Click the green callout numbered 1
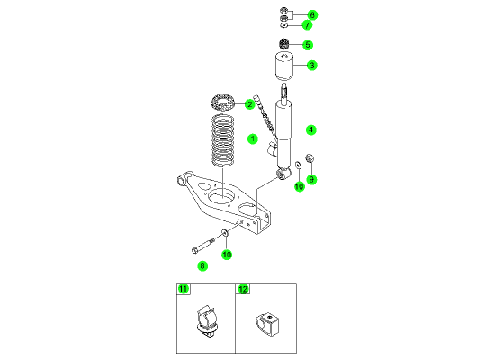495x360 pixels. pyautogui.click(x=253, y=139)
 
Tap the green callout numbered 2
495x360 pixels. pyautogui.click(x=249, y=104)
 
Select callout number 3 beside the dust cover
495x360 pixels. pyautogui.click(x=312, y=66)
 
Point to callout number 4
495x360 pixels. pyautogui.click(x=311, y=130)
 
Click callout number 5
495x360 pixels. pyautogui.click(x=308, y=45)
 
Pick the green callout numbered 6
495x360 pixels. pyautogui.click(x=312, y=14)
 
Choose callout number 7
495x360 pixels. pyautogui.click(x=307, y=25)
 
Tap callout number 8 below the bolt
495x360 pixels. pyautogui.click(x=202, y=265)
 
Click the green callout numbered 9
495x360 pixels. pyautogui.click(x=311, y=179)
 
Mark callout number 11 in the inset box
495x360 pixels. pyautogui.click(x=183, y=289)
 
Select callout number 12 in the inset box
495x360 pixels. pyautogui.click(x=243, y=289)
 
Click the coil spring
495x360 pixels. pyautogui.click(x=223, y=140)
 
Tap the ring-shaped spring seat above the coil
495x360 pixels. pyautogui.click(x=223, y=102)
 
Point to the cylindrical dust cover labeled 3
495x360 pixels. pyautogui.click(x=284, y=67)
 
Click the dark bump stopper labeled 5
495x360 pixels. pyautogui.click(x=284, y=43)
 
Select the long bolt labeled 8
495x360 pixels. pyautogui.click(x=203, y=246)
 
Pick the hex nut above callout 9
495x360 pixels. pyautogui.click(x=310, y=157)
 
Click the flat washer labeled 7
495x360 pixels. pyautogui.click(x=283, y=24)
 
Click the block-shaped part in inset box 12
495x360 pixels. pyautogui.click(x=267, y=324)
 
